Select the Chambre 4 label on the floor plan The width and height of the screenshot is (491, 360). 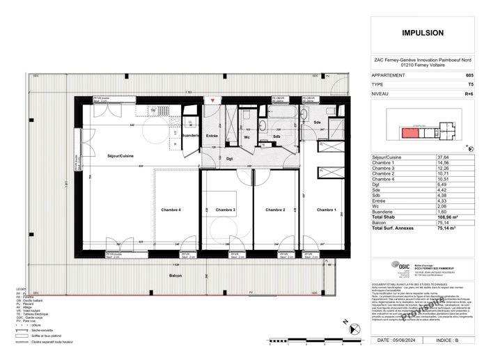[x=171, y=210]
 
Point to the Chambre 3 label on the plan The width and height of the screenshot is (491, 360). [x=226, y=210]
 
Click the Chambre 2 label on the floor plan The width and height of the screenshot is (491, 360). [x=275, y=210]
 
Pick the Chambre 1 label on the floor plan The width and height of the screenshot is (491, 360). [x=325, y=210]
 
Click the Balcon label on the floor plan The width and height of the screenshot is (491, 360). [x=175, y=276]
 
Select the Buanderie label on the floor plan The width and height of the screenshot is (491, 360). [x=190, y=135]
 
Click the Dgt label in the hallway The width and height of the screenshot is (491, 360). [x=230, y=159]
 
